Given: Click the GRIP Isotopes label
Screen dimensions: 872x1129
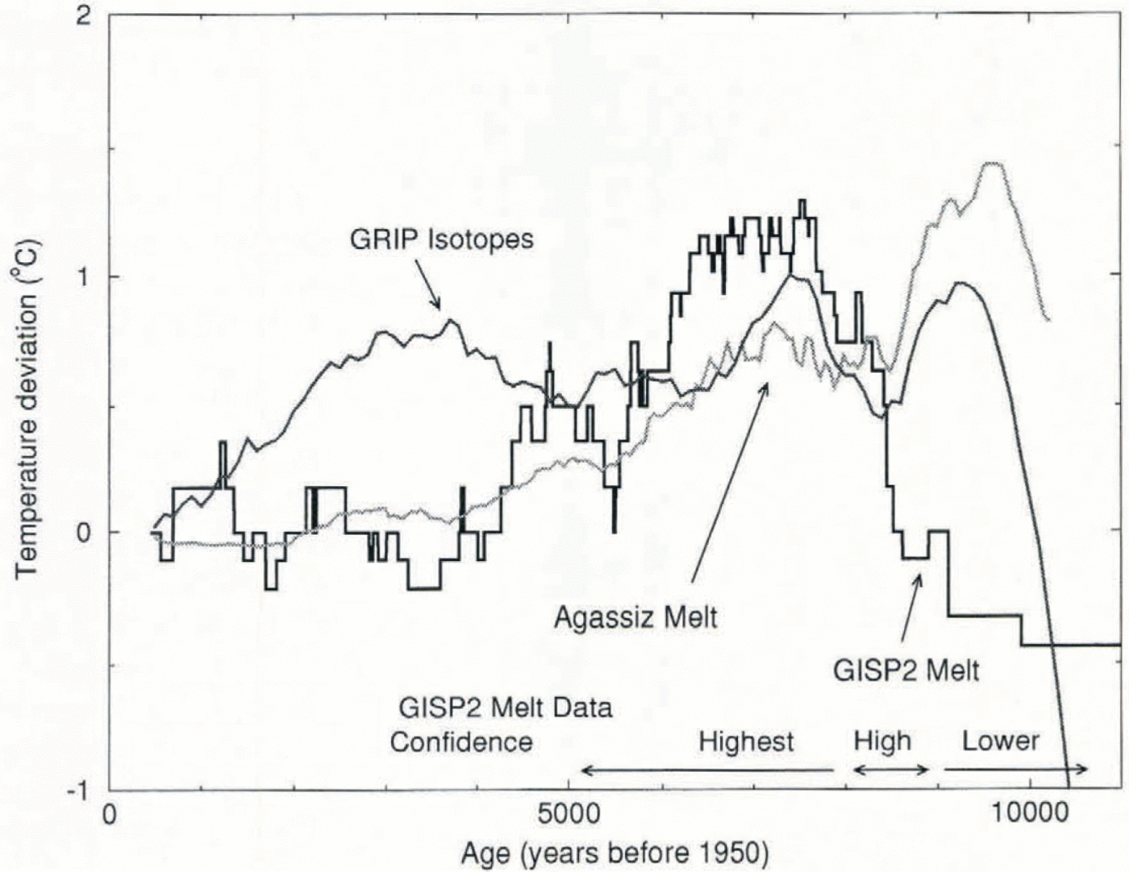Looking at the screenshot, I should (441, 239).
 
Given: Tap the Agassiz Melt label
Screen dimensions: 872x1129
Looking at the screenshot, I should (635, 619).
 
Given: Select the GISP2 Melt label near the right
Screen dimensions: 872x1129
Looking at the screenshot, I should (905, 670).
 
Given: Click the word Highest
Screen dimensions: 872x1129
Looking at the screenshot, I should (746, 741).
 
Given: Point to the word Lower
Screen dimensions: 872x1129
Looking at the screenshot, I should (1000, 740).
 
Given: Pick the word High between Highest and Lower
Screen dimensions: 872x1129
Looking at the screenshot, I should (882, 741).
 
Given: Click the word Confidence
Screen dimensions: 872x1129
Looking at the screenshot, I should (461, 741).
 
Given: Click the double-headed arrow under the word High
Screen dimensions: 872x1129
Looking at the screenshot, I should (892, 770).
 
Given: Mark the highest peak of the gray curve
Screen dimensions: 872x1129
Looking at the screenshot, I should (994, 164).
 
